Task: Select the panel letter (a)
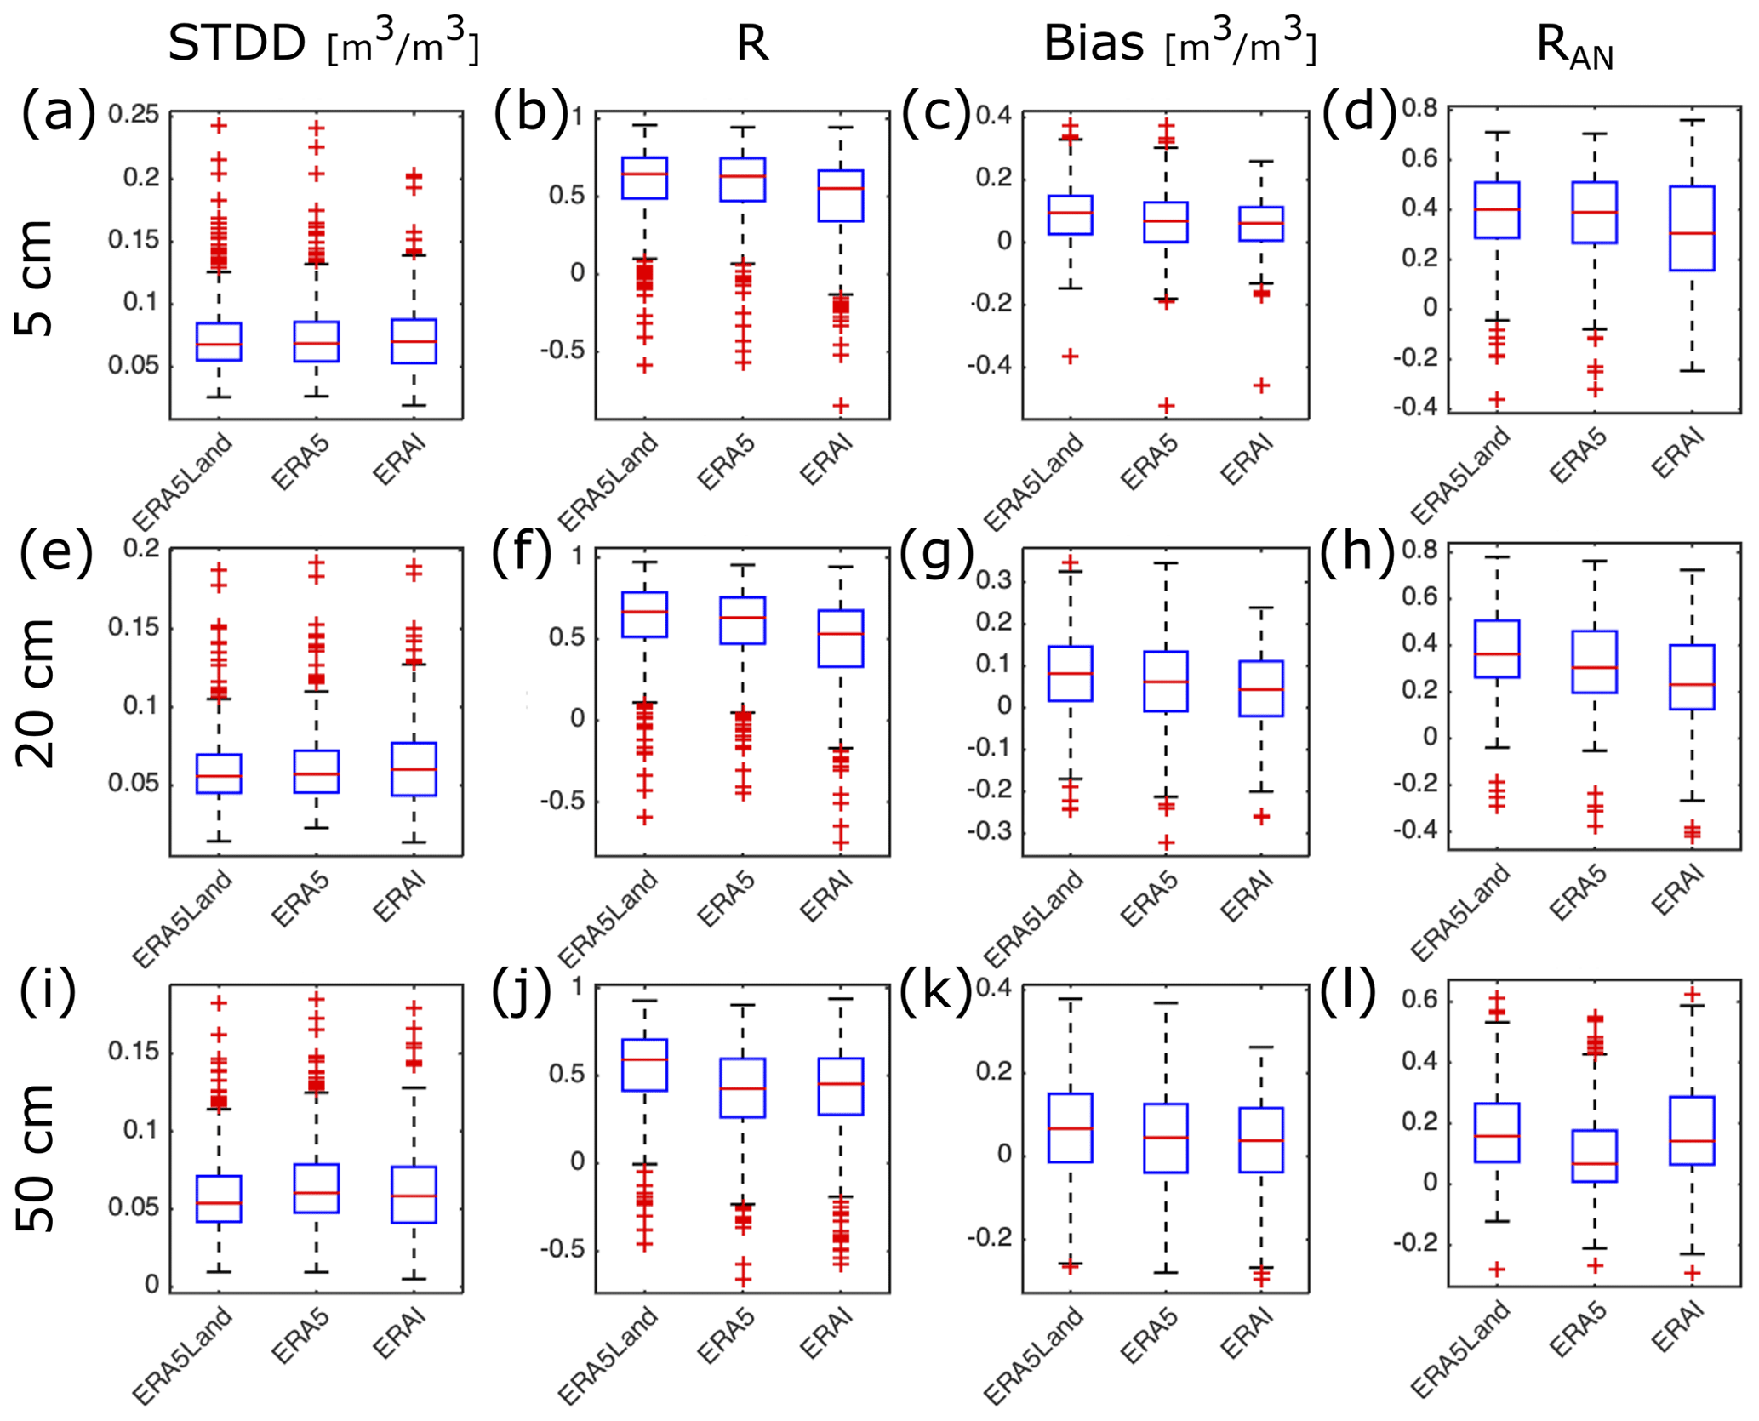[58, 112]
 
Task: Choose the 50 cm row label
[36, 1157]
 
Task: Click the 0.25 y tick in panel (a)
[134, 114]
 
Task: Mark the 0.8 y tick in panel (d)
[1419, 108]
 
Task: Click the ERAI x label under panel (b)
[827, 459]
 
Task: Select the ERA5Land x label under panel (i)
[183, 1353]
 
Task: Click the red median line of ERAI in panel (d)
[1692, 232]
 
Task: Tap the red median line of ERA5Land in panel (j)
[644, 1059]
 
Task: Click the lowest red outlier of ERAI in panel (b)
[841, 406]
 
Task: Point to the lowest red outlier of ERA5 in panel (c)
[1166, 406]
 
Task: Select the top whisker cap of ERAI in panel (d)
[1692, 121]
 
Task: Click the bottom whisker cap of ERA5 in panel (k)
[1166, 1273]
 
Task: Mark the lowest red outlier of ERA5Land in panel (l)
[1496, 1270]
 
